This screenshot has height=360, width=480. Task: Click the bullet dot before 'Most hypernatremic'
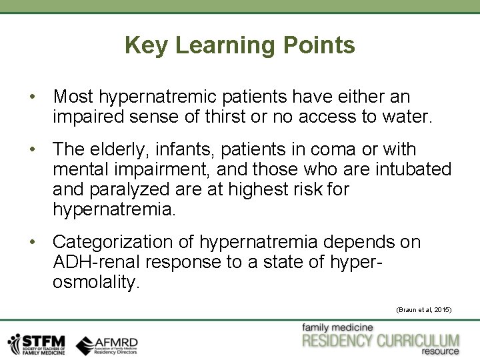click(x=33, y=97)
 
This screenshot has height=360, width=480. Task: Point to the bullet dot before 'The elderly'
click(x=33, y=149)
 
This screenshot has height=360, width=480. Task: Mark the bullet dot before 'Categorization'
click(x=33, y=241)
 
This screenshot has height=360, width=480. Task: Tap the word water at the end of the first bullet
click(x=407, y=118)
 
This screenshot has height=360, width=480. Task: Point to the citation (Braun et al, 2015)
click(x=424, y=310)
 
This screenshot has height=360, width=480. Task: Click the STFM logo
click(x=37, y=343)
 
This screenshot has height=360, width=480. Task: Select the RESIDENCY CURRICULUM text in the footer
click(x=380, y=341)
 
